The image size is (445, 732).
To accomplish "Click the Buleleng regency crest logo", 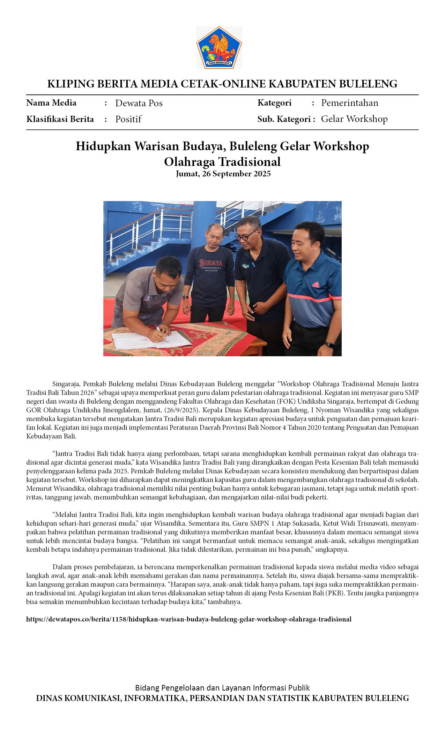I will coord(219,47).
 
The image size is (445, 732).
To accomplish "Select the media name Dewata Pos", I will coord(139,103).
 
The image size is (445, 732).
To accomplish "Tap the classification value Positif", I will coord(128,119).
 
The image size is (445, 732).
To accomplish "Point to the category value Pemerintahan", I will coord(349,103).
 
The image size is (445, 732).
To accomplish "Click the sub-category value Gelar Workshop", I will coord(354,119).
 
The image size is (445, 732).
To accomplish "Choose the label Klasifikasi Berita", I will coord(60,119).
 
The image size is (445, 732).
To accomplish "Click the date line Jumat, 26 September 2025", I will coord(223,174).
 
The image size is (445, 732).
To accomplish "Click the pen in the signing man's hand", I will coord(159,330).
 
